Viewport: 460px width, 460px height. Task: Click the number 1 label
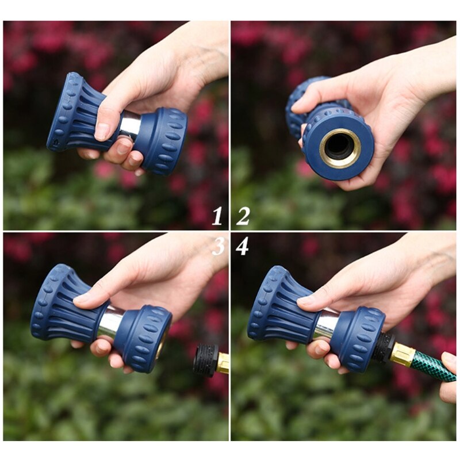[x=217, y=216]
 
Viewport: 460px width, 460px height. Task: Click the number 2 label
[x=243, y=216]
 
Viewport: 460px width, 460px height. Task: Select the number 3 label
[x=218, y=246]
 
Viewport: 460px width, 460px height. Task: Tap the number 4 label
[x=242, y=246]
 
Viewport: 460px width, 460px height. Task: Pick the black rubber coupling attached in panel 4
[x=383, y=347]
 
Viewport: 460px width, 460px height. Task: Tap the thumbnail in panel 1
[x=102, y=131]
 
